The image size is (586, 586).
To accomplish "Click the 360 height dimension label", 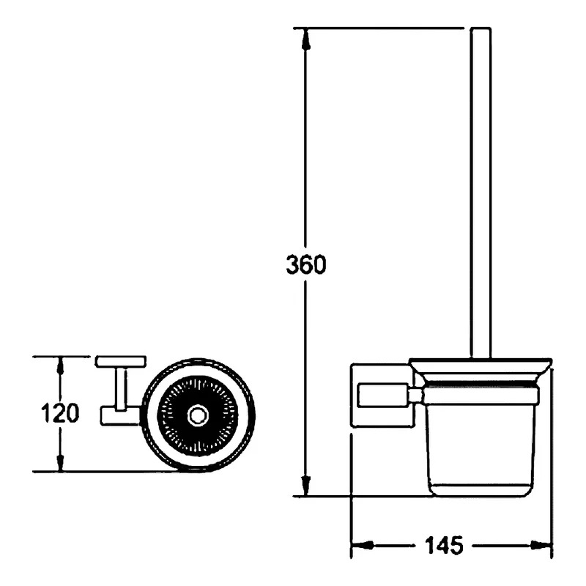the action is [x=306, y=264].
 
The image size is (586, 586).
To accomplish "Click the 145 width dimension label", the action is [x=444, y=545].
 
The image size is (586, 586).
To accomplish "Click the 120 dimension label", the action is [x=60, y=413].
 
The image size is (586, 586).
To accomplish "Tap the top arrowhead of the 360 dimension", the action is [x=306, y=39].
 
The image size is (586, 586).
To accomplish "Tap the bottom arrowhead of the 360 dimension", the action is [x=306, y=486].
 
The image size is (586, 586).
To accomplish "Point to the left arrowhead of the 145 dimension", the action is [x=363, y=545].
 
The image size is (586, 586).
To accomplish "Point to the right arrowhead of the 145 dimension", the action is [x=541, y=545].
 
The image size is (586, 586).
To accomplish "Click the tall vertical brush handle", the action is [x=481, y=193].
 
